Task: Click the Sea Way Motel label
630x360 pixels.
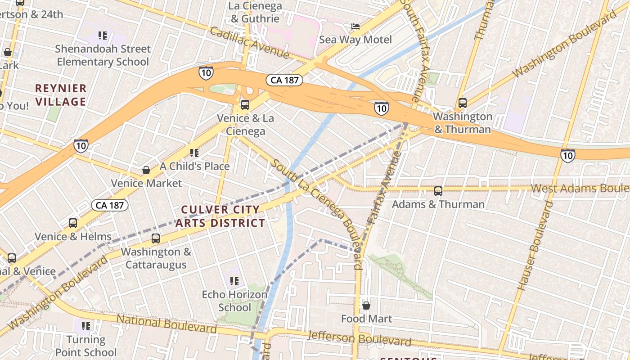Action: tap(355, 40)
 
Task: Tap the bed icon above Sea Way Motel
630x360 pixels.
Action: tap(355, 27)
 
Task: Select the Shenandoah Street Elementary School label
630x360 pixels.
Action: tap(103, 55)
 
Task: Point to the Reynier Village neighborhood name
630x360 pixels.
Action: tap(61, 95)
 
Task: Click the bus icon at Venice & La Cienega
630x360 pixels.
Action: tap(245, 105)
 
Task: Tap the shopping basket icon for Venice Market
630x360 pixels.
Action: tap(146, 170)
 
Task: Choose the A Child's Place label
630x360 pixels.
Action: tap(194, 166)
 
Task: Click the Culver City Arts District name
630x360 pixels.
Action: tap(220, 216)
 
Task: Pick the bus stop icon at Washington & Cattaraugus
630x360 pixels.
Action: tap(156, 238)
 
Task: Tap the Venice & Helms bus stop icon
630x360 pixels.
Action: tap(73, 223)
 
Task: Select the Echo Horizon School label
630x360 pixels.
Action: tap(234, 301)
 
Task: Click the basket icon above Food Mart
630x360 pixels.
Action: tap(366, 306)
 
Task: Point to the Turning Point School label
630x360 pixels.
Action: tap(86, 346)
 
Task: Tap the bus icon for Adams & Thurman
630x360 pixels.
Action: tap(438, 191)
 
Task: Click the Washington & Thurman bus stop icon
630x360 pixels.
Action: tap(462, 103)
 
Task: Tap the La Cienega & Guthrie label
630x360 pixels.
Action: tap(255, 13)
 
